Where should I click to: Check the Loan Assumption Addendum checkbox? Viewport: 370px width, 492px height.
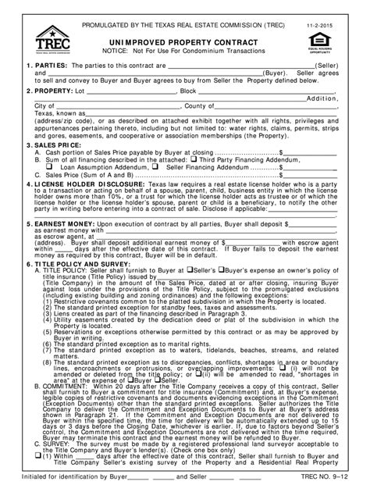click(x=51, y=166)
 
